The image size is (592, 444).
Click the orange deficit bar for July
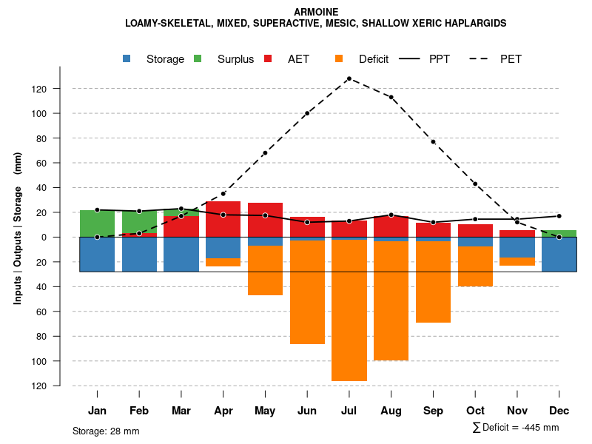tap(349, 311)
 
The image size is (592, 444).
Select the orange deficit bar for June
tap(307, 292)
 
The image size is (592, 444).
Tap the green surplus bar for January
tap(97, 223)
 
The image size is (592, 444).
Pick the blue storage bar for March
tap(181, 254)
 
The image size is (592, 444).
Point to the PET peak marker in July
tap(349, 78)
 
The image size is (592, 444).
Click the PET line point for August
tap(391, 97)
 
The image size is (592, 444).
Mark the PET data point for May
tap(265, 153)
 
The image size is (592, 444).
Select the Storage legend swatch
tap(127, 59)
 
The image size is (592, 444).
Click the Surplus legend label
tap(235, 59)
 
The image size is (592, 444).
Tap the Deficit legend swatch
tap(339, 59)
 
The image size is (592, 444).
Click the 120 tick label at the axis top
tap(60, 89)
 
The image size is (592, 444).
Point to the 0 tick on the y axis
tap(64, 237)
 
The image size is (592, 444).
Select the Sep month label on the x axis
tap(433, 411)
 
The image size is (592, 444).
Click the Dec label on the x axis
tap(559, 411)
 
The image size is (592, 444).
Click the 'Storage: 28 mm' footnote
tap(106, 431)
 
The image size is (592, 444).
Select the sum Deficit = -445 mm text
tap(516, 428)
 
